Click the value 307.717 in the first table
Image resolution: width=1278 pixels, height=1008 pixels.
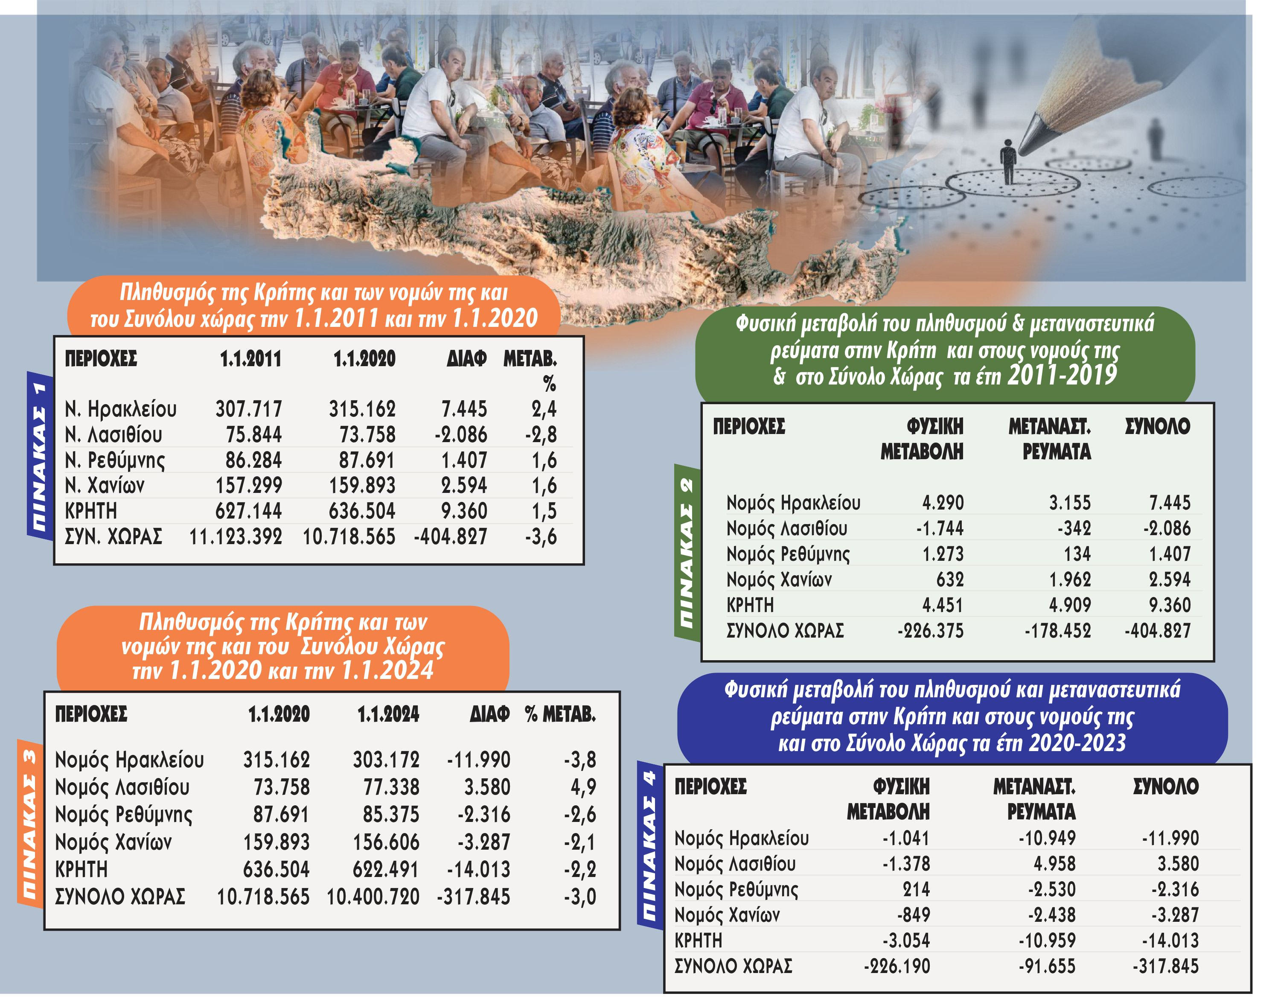248,409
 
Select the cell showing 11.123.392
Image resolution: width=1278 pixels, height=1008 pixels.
236,536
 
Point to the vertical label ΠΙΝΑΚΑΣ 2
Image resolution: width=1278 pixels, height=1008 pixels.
686,553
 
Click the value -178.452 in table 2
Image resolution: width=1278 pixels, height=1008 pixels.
1057,631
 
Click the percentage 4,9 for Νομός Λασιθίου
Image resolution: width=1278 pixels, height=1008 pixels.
583,787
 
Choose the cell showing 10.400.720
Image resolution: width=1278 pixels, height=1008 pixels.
373,897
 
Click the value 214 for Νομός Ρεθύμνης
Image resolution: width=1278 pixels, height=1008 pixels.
916,889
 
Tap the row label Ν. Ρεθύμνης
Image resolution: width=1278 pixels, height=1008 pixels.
115,460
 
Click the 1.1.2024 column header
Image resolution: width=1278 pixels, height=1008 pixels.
388,715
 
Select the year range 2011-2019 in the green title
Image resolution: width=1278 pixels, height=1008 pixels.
1062,375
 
